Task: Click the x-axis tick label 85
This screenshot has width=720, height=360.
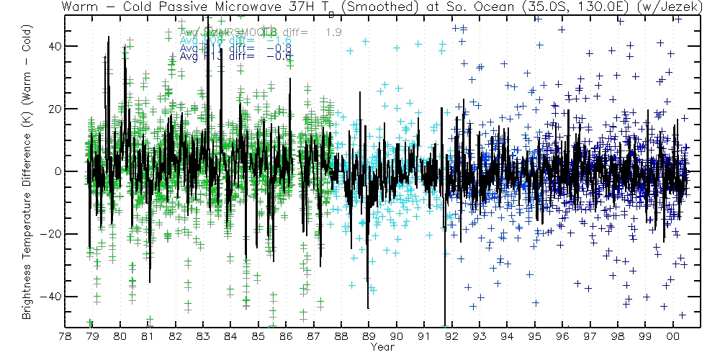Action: (x=258, y=336)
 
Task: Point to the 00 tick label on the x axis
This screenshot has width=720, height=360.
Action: (x=672, y=336)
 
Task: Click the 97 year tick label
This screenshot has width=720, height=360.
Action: (x=590, y=336)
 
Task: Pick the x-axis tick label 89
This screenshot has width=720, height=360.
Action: (x=369, y=336)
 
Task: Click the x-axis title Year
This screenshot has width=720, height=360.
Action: (x=382, y=346)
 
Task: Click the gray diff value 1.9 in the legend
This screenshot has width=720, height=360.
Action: (x=333, y=32)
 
